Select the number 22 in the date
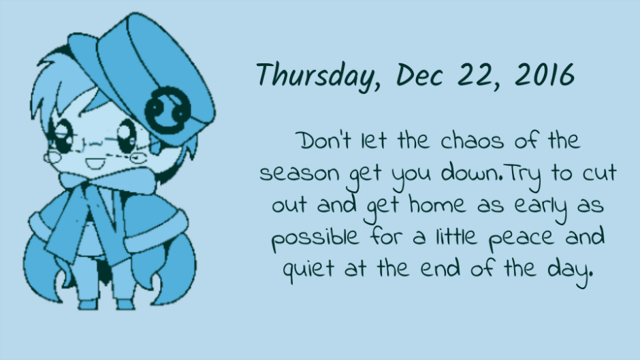tap(477, 75)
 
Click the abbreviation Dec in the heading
tap(419, 75)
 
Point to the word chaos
tap(473, 141)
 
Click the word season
tap(299, 174)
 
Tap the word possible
tap(315, 238)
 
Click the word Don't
tap(325, 141)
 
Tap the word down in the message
tap(471, 173)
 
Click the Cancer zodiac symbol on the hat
tap(167, 109)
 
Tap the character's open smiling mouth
tap(95, 164)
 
